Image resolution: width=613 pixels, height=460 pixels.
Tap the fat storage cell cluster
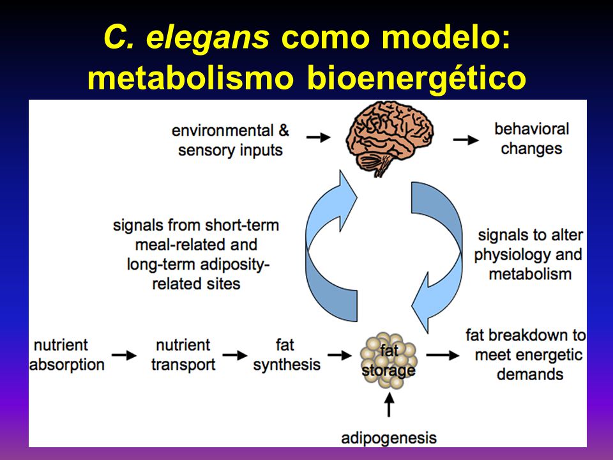coord(389,360)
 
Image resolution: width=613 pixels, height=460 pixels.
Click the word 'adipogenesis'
coord(389,438)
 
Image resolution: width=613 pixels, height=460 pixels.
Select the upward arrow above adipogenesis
coord(389,404)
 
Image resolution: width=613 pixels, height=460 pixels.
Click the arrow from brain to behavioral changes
coord(466,140)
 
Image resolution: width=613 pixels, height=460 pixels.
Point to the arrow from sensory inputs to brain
coord(319,137)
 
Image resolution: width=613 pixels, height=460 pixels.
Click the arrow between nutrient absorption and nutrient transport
coord(125,355)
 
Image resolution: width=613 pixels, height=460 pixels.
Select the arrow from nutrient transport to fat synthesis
coord(236,355)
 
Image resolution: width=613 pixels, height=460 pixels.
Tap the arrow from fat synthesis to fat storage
coord(340,355)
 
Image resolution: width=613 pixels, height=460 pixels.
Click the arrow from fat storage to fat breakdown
coord(443,355)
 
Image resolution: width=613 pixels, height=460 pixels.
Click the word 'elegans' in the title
coord(208,38)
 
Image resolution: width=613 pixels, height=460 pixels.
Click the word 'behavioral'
coord(532,128)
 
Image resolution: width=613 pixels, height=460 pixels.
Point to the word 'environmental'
coord(222,130)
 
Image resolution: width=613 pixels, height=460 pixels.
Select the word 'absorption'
coord(67,365)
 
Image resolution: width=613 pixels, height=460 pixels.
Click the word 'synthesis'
coord(287,365)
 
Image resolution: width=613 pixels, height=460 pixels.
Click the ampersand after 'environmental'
coord(284,130)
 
